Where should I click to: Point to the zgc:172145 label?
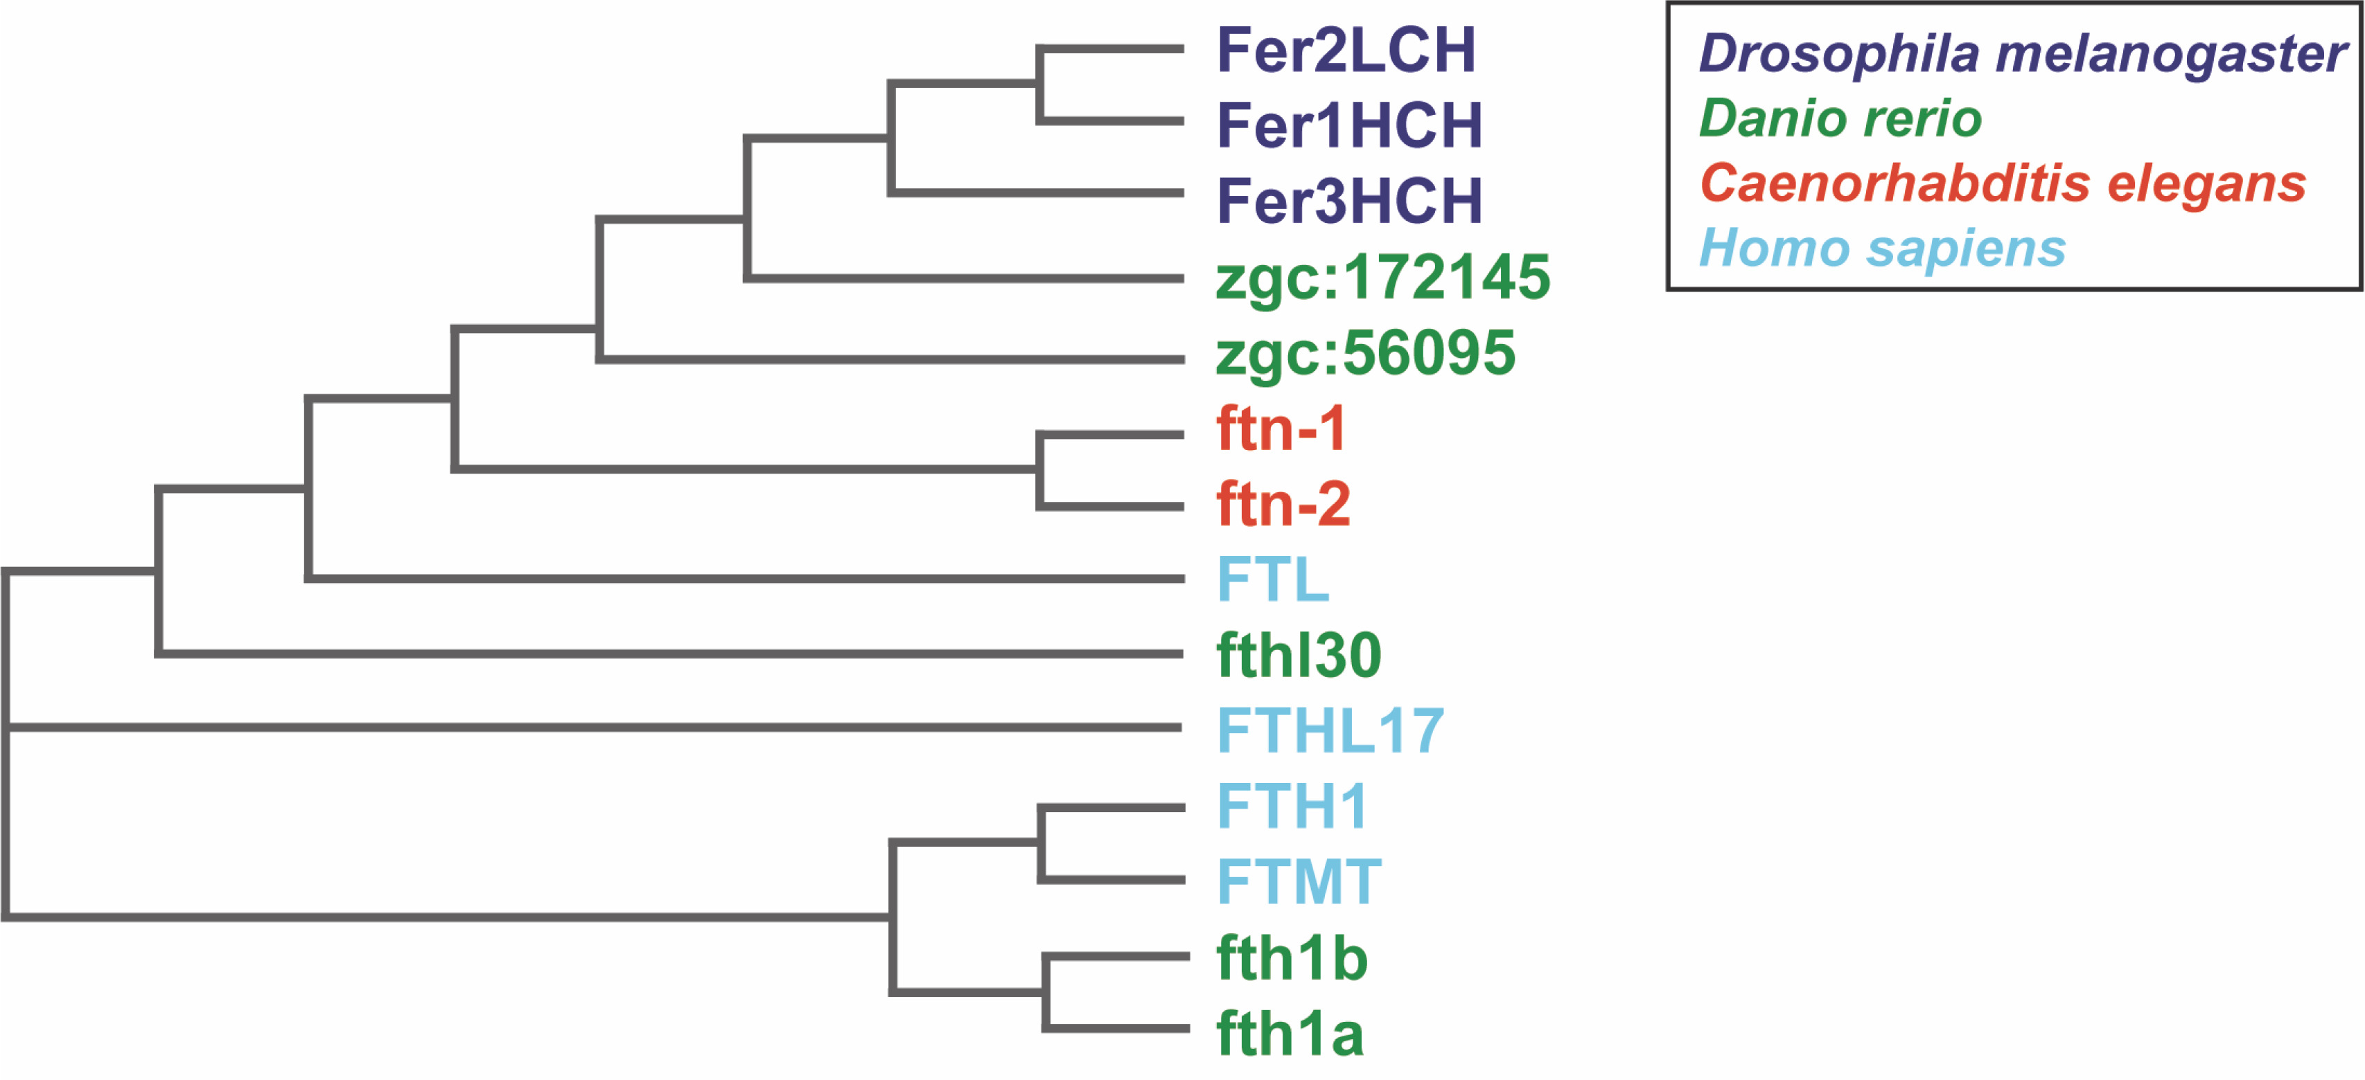(1382, 278)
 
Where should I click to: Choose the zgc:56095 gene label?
(1364, 354)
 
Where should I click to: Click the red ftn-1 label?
(1281, 429)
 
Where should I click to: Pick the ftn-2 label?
(1283, 504)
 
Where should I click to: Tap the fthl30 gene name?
(1298, 655)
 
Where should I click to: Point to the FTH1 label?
(1292, 806)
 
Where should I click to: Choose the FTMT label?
(1298, 882)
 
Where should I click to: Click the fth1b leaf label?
(1292, 958)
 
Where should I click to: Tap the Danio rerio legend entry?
(1840, 118)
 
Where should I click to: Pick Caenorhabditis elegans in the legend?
(2003, 183)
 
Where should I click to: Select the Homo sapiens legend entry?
(1882, 248)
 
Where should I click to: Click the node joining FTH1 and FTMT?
(1041, 843)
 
